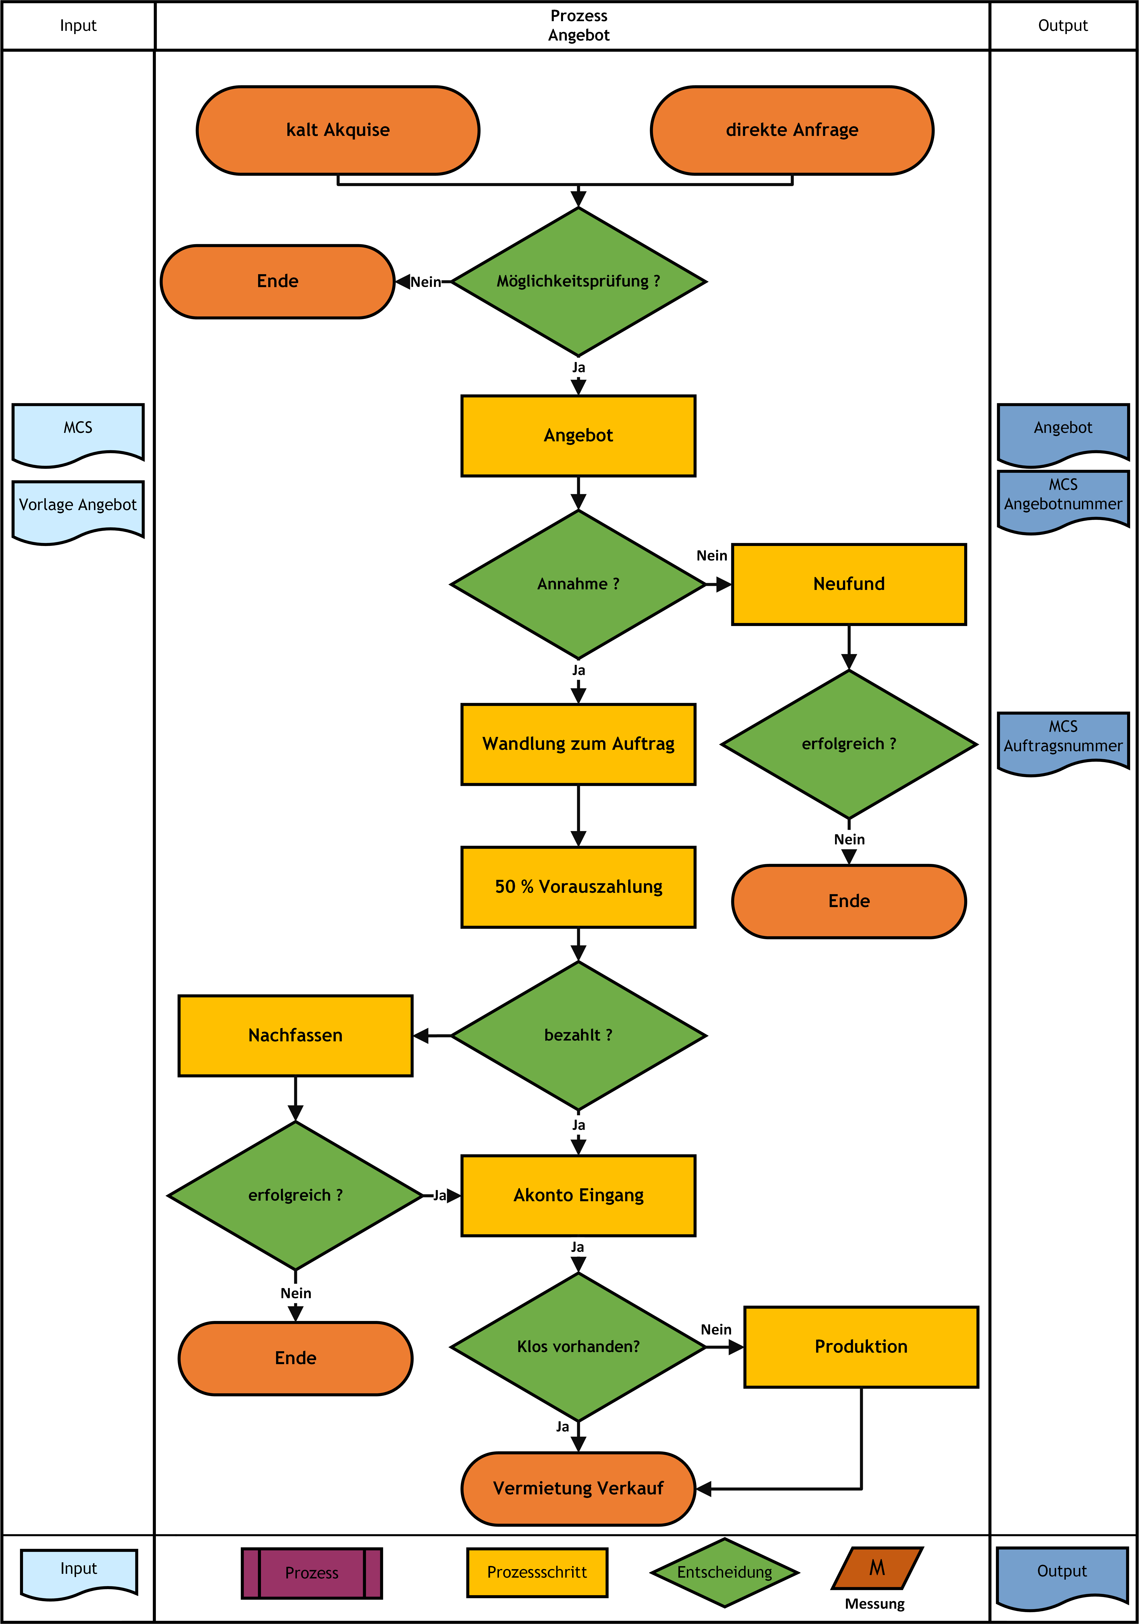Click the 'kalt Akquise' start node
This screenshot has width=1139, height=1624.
pyautogui.click(x=338, y=130)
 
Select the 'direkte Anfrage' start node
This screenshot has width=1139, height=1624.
pyautogui.click(x=792, y=130)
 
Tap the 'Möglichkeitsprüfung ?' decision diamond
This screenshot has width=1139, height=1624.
pyautogui.click(x=579, y=281)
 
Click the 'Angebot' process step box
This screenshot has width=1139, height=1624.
pyautogui.click(x=579, y=436)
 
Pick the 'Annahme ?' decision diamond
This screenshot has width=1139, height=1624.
pyautogui.click(x=579, y=584)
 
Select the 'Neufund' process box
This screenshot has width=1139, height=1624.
pyautogui.click(x=849, y=584)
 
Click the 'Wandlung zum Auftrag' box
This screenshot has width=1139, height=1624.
pyautogui.click(x=579, y=744)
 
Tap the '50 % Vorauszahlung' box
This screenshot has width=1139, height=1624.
pyautogui.click(x=579, y=887)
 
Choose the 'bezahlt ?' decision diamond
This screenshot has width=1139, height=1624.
pyautogui.click(x=579, y=1035)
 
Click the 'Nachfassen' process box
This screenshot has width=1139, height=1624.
pyautogui.click(x=296, y=1035)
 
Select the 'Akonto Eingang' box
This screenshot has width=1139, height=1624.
pyautogui.click(x=579, y=1195)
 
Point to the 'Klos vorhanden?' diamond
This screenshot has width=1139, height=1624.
pyautogui.click(x=579, y=1347)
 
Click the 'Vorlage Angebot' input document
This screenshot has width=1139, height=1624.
pyautogui.click(x=78, y=511)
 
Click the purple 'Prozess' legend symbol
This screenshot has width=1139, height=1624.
pyautogui.click(x=312, y=1573)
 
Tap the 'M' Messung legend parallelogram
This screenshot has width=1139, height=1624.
pyautogui.click(x=877, y=1568)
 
